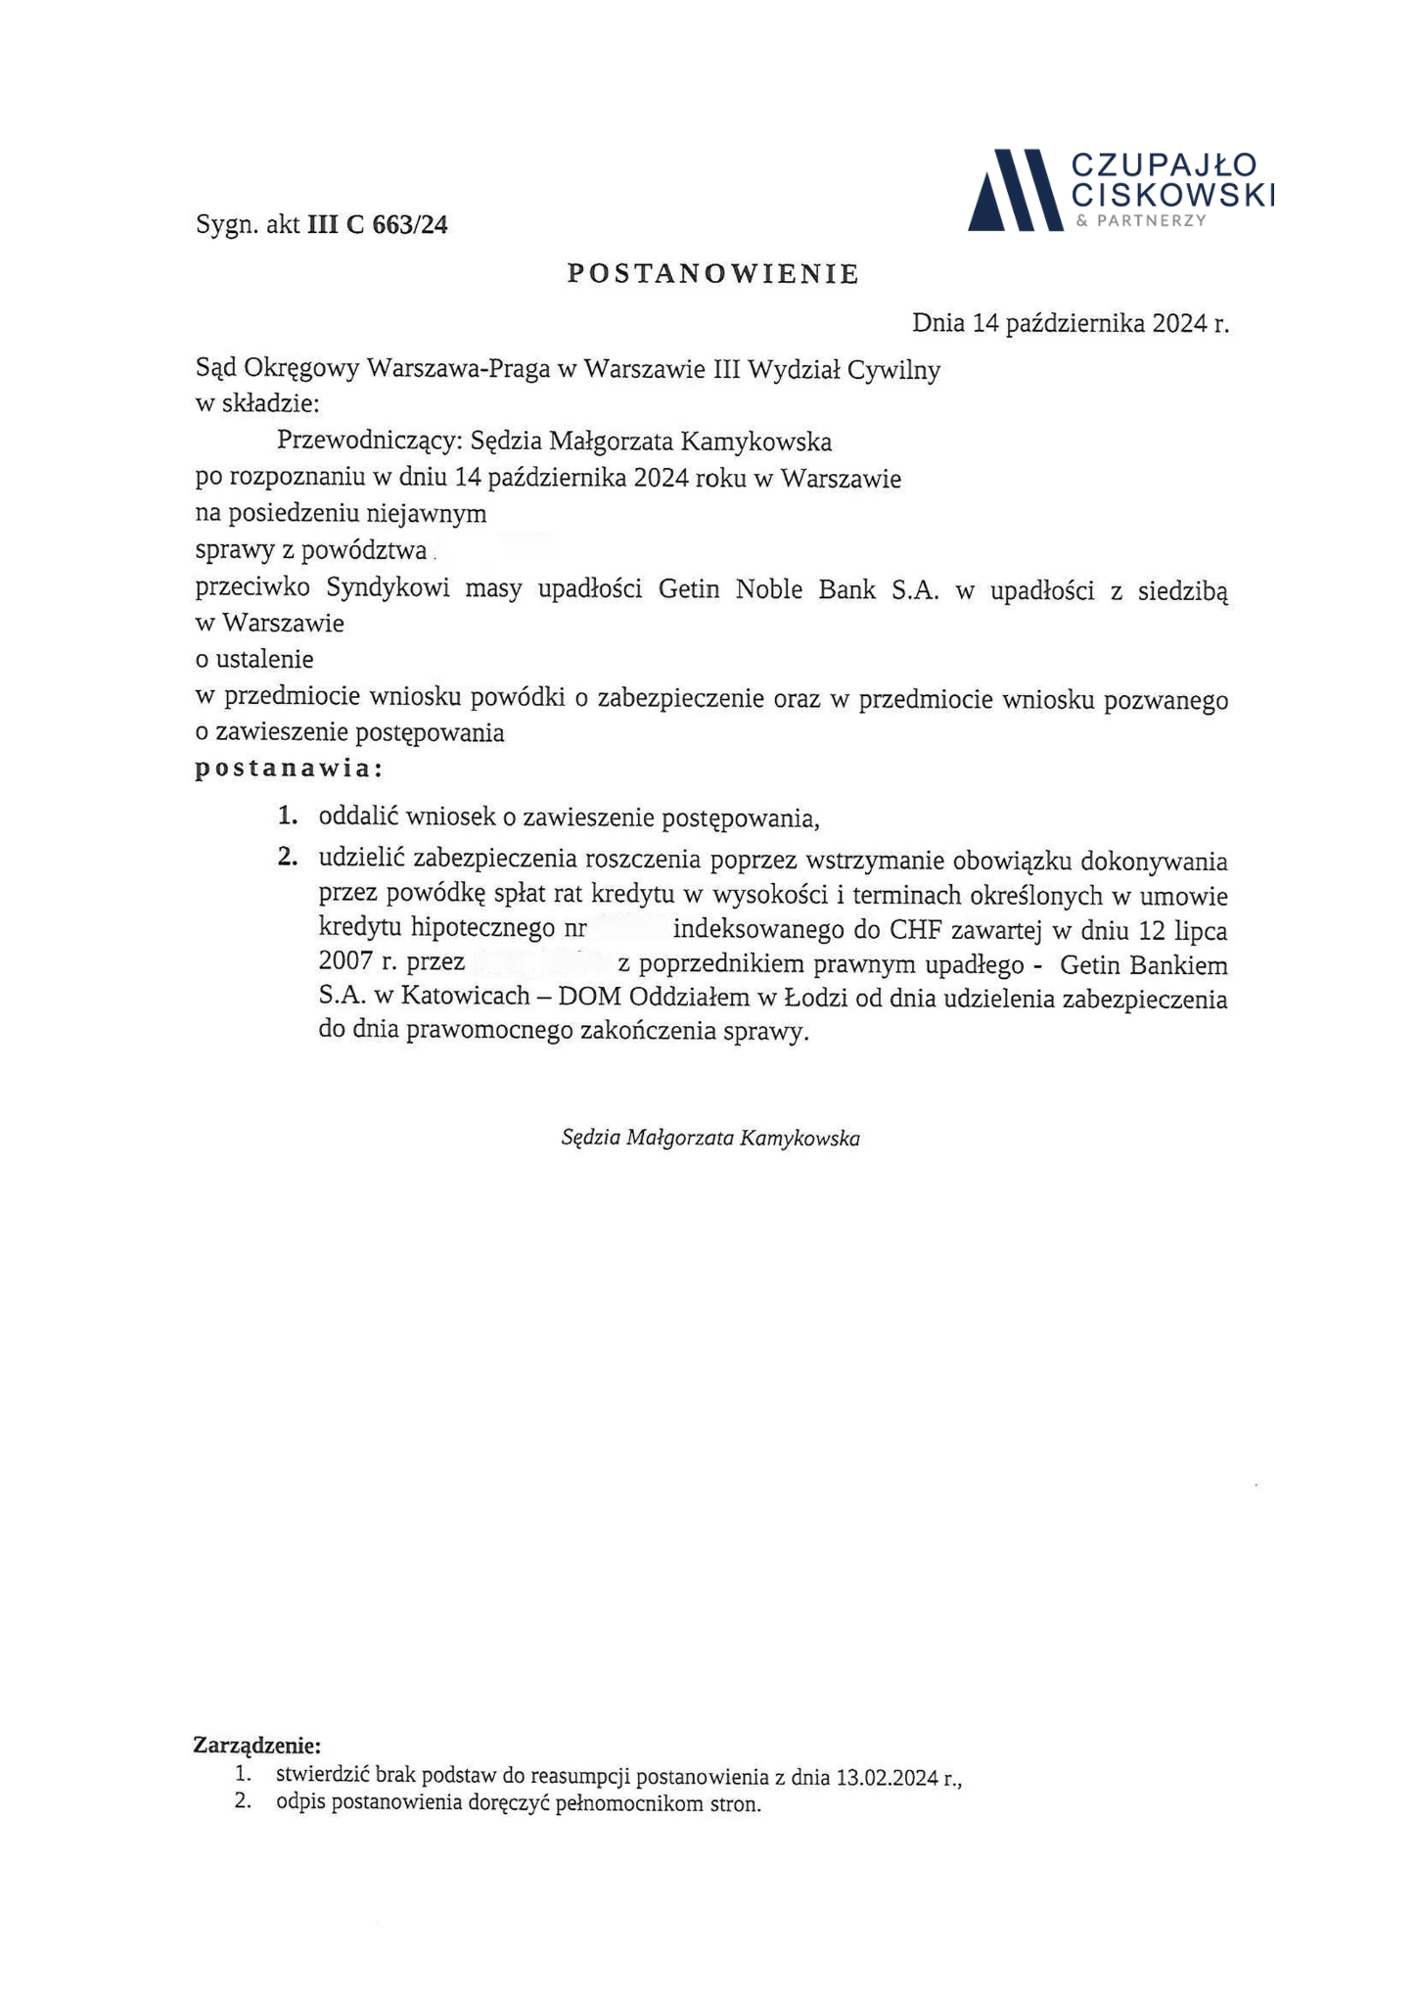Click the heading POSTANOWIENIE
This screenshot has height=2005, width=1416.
(712, 274)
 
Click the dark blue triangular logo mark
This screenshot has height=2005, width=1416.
(1014, 191)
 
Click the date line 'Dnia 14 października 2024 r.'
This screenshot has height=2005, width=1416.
(1070, 323)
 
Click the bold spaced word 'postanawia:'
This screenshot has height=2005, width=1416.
(289, 769)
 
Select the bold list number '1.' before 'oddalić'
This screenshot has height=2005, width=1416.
(288, 816)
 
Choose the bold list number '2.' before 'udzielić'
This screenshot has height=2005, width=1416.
(287, 859)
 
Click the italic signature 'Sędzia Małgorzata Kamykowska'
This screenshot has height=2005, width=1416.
(710, 1139)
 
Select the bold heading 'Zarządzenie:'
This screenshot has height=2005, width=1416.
(257, 1746)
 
